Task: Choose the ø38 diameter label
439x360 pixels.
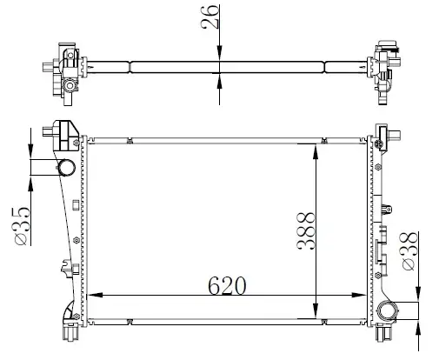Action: [x=409, y=253]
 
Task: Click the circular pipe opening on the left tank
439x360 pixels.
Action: [x=64, y=170]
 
